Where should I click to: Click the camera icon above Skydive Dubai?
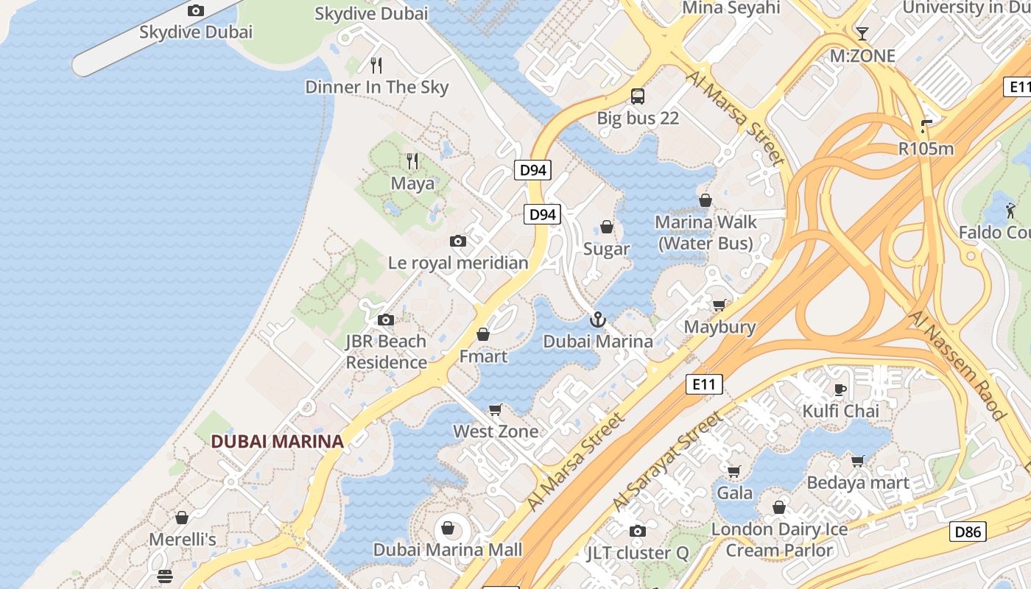[x=195, y=10]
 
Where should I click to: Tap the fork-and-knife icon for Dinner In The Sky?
[x=376, y=66]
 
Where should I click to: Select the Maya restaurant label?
[x=412, y=183]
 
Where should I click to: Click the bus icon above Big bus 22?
[x=638, y=96]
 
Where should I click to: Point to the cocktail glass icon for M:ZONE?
[x=862, y=34]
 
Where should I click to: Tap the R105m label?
[x=926, y=149]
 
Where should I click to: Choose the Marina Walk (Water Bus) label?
[x=705, y=233]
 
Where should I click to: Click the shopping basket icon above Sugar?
[x=607, y=227]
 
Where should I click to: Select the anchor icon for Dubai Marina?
[x=598, y=320]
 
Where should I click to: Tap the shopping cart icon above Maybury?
[x=719, y=305]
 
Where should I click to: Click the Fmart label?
[x=483, y=357]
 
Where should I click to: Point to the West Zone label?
[x=496, y=431]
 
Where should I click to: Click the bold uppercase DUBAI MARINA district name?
[x=277, y=442]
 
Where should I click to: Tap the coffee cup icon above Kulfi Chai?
[x=840, y=389]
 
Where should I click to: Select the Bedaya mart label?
[x=858, y=484]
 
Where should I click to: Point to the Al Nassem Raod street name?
[x=957, y=365]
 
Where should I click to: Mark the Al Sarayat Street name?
[x=669, y=462]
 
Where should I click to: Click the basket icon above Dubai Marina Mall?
[x=448, y=527]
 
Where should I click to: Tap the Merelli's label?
[x=183, y=540]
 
